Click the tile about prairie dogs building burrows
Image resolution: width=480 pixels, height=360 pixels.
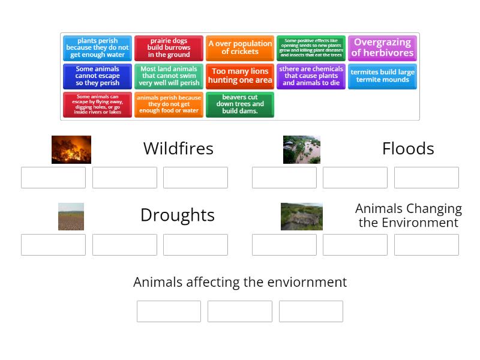169,48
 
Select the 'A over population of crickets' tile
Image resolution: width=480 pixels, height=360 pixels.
240,48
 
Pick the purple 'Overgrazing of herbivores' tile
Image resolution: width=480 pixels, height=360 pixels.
382,48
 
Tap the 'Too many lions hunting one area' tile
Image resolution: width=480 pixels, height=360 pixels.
240,76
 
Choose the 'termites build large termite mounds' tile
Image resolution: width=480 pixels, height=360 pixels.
382,76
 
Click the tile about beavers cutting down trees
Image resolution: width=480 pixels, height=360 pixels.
240,104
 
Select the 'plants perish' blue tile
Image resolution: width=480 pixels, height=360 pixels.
97,48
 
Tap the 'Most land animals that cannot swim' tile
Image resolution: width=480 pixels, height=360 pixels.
169,76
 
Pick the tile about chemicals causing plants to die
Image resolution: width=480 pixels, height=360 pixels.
311,76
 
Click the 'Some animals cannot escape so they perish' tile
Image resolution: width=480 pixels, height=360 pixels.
97,76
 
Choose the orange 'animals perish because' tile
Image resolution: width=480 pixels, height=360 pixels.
169,104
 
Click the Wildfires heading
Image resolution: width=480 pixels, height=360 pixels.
178,149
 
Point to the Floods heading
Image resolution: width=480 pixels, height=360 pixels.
408,149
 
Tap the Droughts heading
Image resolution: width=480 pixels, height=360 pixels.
177,215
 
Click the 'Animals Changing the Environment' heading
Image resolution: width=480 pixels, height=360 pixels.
408,215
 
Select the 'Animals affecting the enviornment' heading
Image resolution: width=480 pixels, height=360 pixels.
240,282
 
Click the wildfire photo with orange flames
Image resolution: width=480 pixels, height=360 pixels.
71,149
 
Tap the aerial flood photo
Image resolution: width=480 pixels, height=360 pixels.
302,149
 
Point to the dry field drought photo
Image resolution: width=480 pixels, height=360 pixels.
71,217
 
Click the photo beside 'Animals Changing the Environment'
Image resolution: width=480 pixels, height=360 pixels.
302,217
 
